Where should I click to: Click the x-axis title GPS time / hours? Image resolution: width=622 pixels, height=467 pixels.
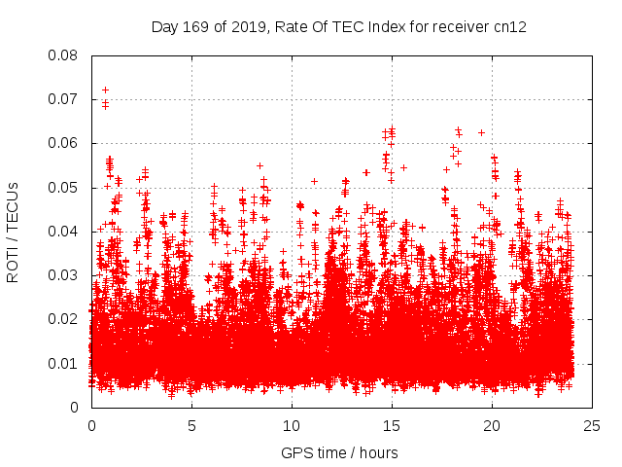[x=339, y=452]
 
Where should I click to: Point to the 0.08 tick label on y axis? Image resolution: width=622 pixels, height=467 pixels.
[x=65, y=55]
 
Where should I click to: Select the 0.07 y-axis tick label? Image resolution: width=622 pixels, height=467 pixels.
[x=65, y=99]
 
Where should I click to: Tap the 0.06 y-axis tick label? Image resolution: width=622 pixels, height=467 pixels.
[x=65, y=143]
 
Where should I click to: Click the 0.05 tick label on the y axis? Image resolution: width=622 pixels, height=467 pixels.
[x=65, y=188]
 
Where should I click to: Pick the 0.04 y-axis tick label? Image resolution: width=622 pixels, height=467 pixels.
[x=65, y=232]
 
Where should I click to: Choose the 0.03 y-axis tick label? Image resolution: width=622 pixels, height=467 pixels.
[x=65, y=275]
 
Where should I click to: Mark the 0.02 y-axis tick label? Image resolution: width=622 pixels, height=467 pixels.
[x=65, y=319]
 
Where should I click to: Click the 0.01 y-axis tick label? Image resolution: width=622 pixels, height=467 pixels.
[x=65, y=364]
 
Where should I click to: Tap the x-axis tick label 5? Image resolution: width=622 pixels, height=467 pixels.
[x=191, y=425]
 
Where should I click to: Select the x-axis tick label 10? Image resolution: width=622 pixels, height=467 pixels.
[x=292, y=425]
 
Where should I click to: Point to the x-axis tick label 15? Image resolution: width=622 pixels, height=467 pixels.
[x=392, y=425]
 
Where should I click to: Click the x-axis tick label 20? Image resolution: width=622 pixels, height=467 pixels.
[x=492, y=425]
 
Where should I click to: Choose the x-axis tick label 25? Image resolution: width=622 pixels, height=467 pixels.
[x=592, y=425]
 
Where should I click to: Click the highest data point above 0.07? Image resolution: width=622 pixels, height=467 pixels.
[x=105, y=90]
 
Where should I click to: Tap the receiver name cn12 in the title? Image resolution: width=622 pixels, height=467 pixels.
[x=510, y=26]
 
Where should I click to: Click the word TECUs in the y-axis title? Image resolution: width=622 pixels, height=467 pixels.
[x=13, y=206]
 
